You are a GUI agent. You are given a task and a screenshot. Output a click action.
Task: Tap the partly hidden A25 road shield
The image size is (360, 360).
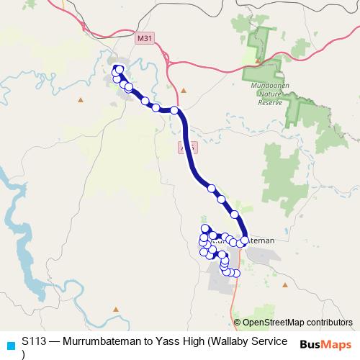click(186, 147)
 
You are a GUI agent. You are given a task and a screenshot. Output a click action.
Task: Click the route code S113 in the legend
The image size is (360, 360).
click(34, 341)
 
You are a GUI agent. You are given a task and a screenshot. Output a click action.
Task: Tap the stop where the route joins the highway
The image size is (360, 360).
click(174, 110)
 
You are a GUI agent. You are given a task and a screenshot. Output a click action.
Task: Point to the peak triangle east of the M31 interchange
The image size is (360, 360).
click(184, 91)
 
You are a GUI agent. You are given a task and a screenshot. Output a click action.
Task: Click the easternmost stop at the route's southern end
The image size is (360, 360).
click(236, 273)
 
